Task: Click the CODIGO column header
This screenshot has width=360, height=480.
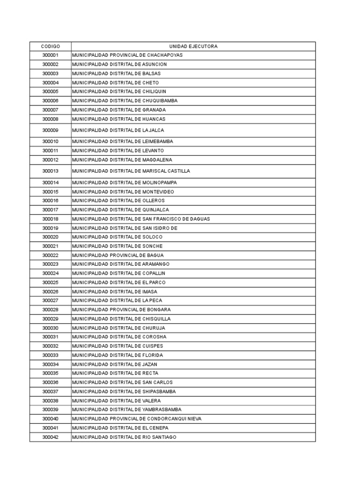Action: point(50,46)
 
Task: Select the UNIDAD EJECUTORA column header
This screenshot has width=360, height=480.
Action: point(193,46)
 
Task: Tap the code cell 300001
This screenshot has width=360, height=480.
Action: point(50,55)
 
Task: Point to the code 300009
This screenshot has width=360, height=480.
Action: point(50,130)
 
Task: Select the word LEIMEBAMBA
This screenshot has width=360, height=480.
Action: point(157,142)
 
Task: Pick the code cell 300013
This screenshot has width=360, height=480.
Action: point(50,171)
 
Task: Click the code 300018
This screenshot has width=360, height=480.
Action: point(50,219)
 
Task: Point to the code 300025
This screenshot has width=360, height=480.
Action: point(50,283)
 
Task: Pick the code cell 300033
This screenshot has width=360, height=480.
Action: point(50,355)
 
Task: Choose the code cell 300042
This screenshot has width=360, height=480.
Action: point(50,437)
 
